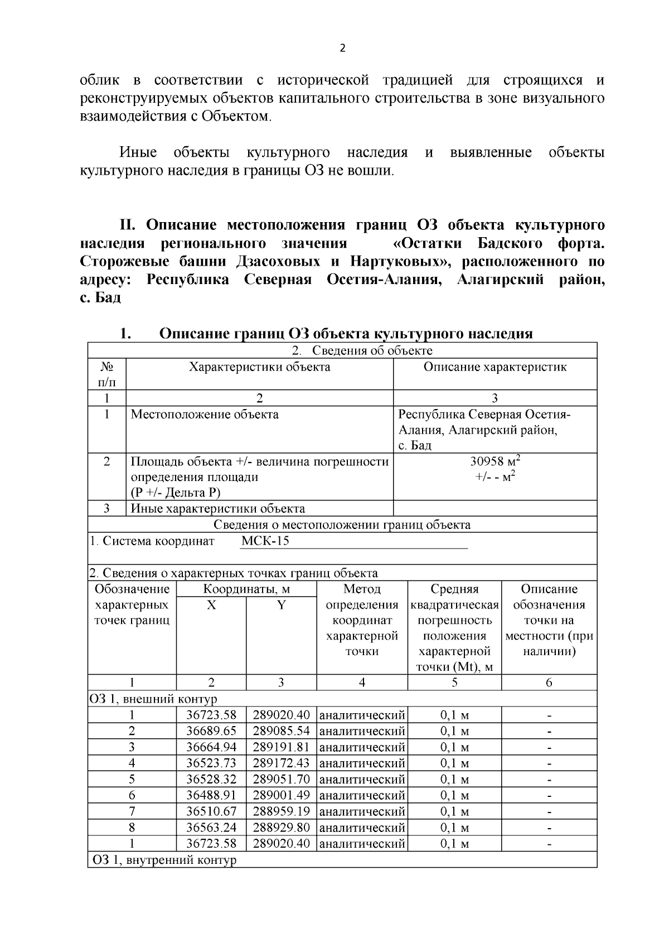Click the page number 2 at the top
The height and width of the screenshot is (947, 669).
[x=342, y=48]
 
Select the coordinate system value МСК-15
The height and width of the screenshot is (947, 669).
[x=265, y=541]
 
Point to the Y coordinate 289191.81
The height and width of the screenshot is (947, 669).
[x=281, y=747]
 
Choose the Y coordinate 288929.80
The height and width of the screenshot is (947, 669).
[x=281, y=827]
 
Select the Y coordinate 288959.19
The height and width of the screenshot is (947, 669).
[x=281, y=811]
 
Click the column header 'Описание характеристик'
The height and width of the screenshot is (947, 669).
[x=495, y=367]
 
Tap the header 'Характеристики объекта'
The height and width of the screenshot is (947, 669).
[x=259, y=367]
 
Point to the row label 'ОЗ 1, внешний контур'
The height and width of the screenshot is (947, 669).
[x=153, y=699]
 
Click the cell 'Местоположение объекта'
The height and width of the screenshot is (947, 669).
[x=205, y=415]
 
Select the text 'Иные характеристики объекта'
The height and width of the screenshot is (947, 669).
[x=217, y=508]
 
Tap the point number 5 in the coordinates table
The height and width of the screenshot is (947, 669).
[x=132, y=778]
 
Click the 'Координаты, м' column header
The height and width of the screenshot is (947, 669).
[x=246, y=589]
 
